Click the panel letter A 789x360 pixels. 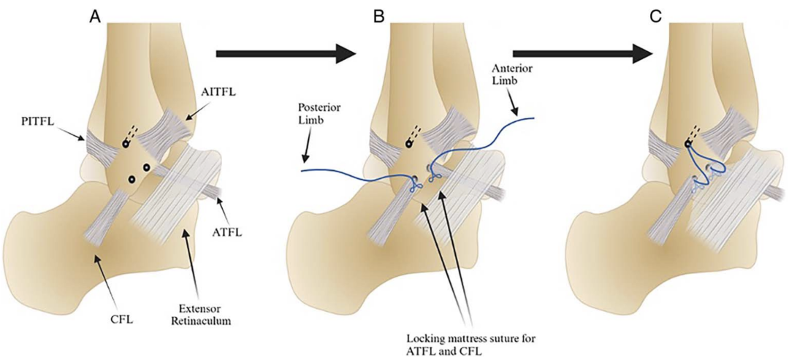pyautogui.click(x=95, y=15)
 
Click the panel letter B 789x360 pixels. pyautogui.click(x=378, y=15)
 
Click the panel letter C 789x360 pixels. pyautogui.click(x=655, y=15)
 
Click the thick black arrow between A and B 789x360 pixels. pyautogui.click(x=286, y=53)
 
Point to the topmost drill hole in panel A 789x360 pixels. pyautogui.click(x=126, y=145)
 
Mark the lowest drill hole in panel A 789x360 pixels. pyautogui.click(x=132, y=178)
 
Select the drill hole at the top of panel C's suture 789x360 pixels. pyautogui.click(x=689, y=145)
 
